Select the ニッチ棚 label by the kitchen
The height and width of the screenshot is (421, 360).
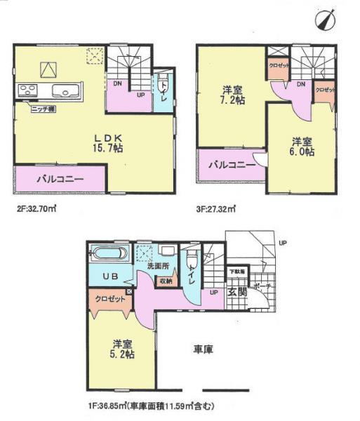(x=42, y=109)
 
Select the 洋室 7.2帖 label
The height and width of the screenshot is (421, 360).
(x=232, y=95)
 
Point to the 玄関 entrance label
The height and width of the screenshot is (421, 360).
(x=236, y=292)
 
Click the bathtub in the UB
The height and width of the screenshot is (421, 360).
(x=108, y=254)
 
